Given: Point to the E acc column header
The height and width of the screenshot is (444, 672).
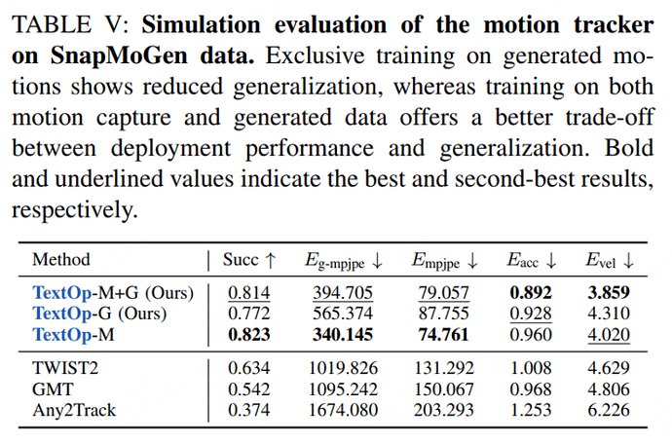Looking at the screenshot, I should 531,261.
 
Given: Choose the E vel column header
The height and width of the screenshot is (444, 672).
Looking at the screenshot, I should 610,261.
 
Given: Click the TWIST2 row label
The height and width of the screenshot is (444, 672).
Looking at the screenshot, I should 65,367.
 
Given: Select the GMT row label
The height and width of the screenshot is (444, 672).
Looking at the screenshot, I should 52,388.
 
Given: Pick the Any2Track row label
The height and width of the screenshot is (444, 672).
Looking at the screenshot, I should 74,410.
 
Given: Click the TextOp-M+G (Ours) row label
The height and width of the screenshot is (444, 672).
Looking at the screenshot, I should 113,292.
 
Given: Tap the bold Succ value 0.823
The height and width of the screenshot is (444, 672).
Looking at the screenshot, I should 249,335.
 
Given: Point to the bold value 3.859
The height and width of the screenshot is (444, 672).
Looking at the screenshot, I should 608,292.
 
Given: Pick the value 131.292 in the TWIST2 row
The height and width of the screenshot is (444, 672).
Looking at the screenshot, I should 444,367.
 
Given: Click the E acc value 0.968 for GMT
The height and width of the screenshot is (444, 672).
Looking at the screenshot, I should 530,388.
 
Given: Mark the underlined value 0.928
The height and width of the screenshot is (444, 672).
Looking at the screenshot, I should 530,314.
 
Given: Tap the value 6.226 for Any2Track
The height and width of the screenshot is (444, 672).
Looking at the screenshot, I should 608,410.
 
